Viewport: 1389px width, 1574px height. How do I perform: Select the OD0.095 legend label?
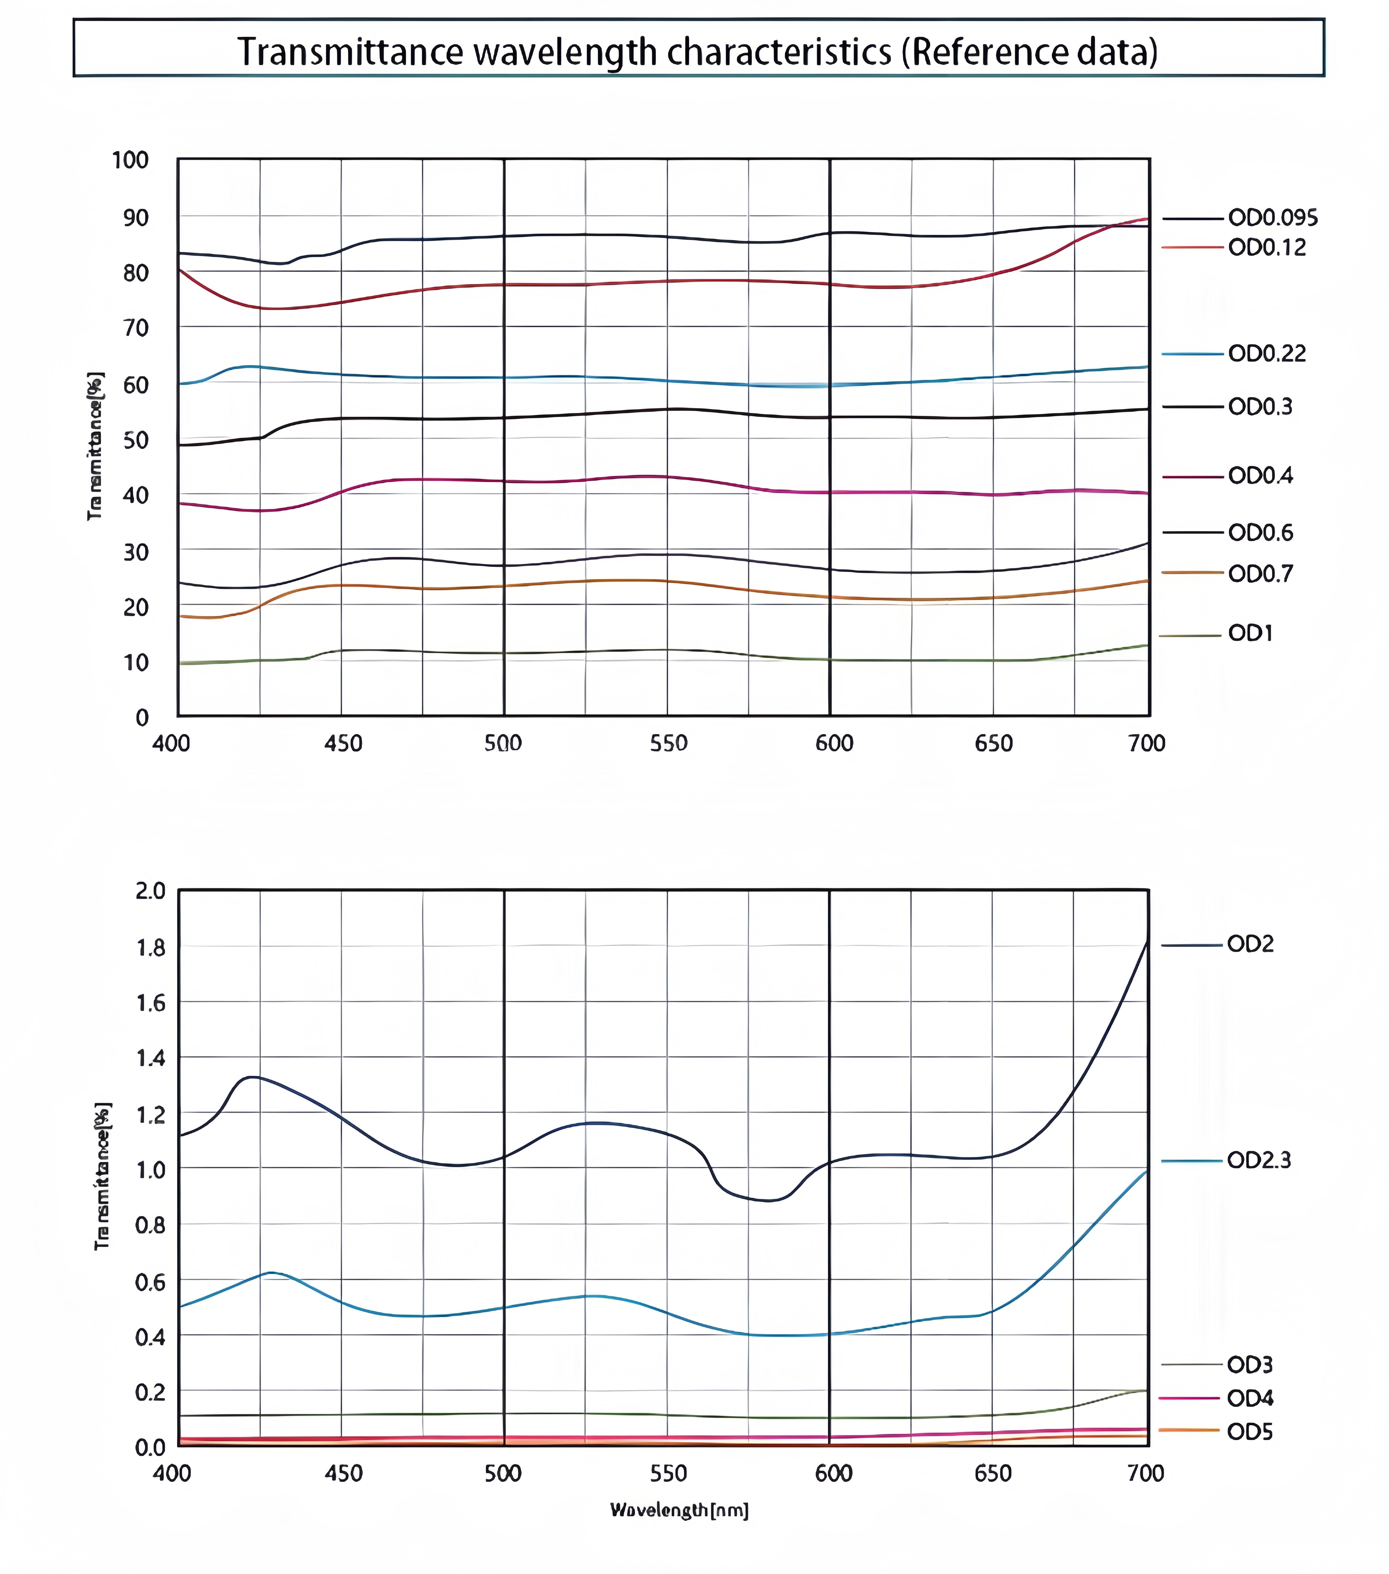(x=1273, y=218)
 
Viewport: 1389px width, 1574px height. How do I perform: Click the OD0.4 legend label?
(x=1260, y=476)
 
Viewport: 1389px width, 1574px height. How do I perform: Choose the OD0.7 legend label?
(x=1260, y=574)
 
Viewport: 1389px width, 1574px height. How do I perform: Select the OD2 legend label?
(x=1250, y=944)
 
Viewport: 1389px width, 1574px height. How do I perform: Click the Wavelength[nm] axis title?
(x=679, y=1511)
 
